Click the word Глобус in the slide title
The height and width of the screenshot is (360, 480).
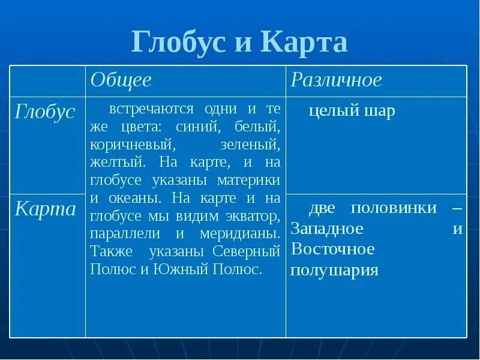click(178, 43)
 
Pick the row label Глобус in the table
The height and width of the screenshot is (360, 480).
click(46, 112)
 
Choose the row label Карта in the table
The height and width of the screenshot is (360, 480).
click(46, 209)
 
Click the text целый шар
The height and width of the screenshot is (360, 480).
click(352, 112)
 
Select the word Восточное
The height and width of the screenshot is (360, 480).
click(332, 249)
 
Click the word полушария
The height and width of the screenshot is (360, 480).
click(334, 270)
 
